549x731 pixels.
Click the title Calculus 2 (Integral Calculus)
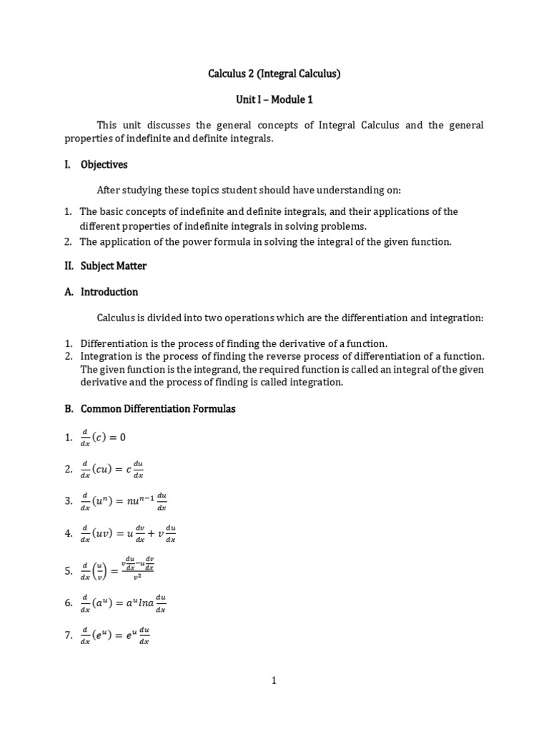(274, 73)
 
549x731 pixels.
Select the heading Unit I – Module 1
(274, 99)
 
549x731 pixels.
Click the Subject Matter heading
(114, 266)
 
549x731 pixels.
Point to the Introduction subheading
(109, 292)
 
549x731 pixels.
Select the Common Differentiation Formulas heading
(158, 409)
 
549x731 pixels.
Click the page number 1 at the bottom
(274, 681)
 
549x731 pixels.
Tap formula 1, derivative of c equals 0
(104, 437)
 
